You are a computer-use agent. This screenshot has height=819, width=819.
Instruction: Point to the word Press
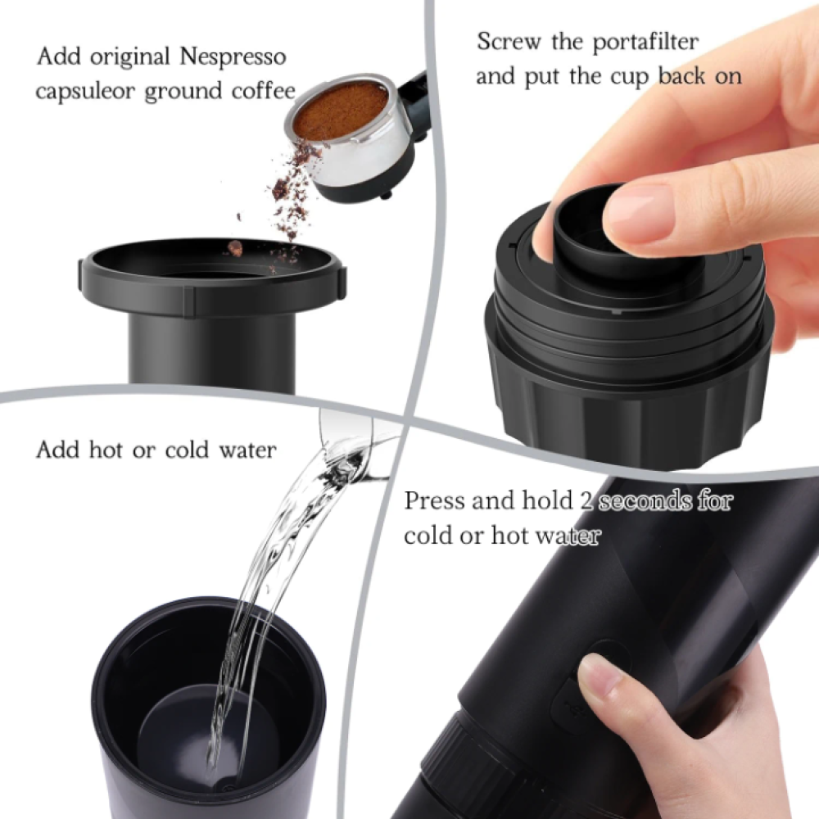pyautogui.click(x=435, y=500)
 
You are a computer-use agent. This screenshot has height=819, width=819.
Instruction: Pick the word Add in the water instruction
pyautogui.click(x=57, y=449)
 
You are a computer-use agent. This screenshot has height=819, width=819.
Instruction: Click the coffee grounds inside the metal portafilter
pyautogui.click(x=340, y=113)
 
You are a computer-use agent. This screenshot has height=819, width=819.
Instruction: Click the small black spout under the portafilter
pyautogui.click(x=387, y=194)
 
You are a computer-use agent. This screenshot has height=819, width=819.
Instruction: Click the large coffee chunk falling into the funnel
pyautogui.click(x=235, y=249)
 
